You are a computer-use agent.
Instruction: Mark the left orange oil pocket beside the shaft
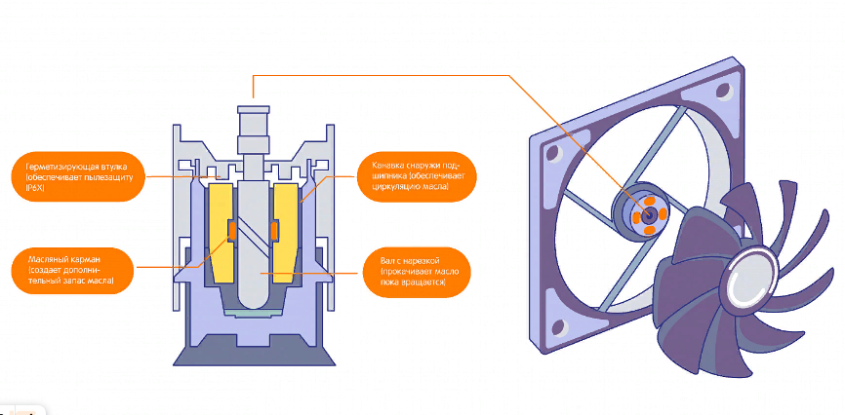(233, 231)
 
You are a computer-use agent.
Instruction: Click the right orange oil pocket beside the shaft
(274, 231)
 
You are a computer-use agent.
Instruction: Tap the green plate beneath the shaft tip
(254, 312)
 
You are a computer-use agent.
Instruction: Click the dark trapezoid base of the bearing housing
(254, 356)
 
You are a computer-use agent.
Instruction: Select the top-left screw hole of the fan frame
(551, 153)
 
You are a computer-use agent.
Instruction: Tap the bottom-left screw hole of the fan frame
(560, 326)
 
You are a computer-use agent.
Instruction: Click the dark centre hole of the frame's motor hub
(647, 214)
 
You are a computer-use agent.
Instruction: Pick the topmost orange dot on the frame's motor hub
(647, 202)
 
